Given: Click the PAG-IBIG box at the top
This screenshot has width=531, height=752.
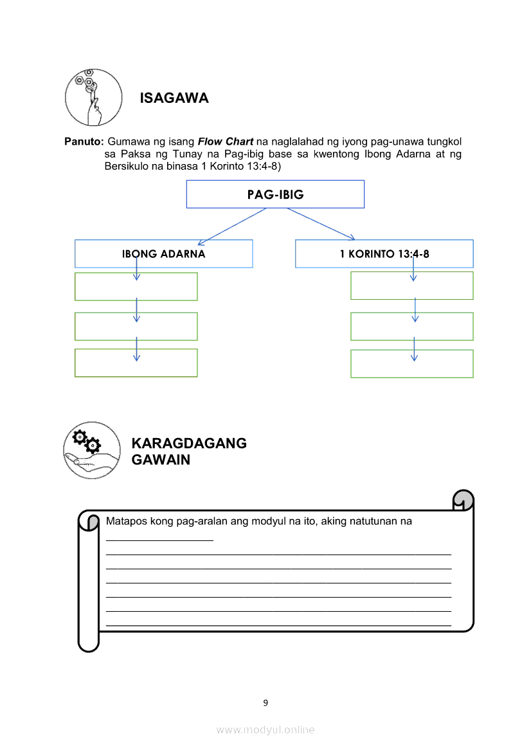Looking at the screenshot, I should (275, 194).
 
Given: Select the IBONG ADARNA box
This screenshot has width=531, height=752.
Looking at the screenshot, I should (163, 253).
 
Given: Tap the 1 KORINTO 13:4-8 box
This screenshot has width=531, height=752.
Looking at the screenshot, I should (384, 253).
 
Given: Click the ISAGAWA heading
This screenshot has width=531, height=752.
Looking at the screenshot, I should (174, 98).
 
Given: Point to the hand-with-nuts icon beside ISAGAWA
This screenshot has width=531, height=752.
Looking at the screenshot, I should (93, 97).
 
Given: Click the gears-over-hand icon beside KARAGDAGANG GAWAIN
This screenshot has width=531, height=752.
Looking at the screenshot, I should (92, 450).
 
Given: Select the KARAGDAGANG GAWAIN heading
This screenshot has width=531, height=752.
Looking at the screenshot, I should (188, 452).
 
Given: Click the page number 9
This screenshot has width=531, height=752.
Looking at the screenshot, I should (265, 702).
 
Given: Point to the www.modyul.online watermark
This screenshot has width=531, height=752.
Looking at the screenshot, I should (265, 729).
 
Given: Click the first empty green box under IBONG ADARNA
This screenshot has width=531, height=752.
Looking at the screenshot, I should (136, 287).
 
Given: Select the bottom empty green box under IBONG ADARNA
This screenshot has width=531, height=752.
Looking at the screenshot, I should (136, 363).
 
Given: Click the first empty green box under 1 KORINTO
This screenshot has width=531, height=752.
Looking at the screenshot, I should (411, 286).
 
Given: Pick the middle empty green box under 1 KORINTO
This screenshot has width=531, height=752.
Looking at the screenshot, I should (411, 326).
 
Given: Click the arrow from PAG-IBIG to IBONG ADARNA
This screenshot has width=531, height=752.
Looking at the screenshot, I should (231, 226).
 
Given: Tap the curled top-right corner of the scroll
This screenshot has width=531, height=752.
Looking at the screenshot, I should (464, 500).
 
